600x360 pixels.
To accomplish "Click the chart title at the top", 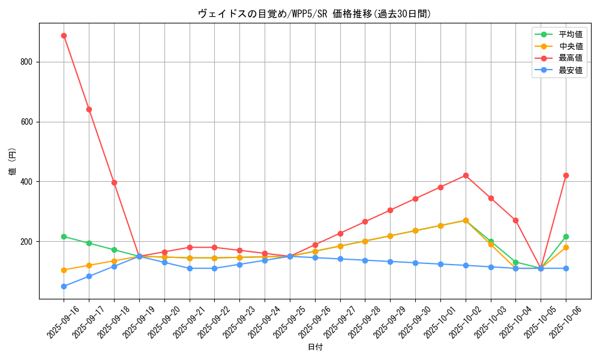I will coord(314,14).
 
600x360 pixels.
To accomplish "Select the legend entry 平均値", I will coord(571,34).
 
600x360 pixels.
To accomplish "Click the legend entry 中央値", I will coord(571,46).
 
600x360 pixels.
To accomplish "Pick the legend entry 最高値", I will coord(571,58).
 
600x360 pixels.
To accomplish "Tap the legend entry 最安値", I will coord(571,70).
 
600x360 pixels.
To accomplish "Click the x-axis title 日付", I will coord(315,347).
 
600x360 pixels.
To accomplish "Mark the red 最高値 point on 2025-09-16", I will coord(64,35).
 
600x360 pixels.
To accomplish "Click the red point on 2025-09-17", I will coord(89,109).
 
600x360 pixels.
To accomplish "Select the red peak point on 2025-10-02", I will coord(466,175).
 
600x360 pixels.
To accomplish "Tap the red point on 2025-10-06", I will coord(566,175).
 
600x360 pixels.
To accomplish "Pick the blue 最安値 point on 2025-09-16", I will coord(64,286).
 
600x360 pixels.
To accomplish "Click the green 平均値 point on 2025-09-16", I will coord(64,236).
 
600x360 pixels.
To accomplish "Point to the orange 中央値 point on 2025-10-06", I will coord(566,247).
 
